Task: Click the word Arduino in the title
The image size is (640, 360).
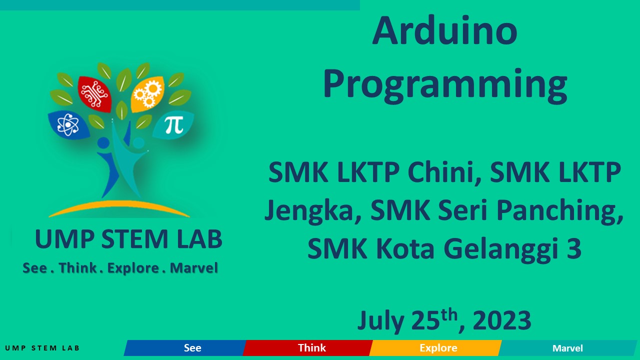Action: point(444,31)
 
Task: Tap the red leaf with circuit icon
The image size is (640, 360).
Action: point(94,93)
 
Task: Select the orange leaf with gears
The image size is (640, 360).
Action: point(147,93)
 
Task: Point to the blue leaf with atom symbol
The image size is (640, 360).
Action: point(68,124)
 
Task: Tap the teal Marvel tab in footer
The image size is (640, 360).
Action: point(567,348)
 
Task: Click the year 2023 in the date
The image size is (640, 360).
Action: point(501,321)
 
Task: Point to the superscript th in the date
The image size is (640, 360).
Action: point(449,314)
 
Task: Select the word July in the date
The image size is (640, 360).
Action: point(380,321)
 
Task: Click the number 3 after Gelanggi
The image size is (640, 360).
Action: point(574,248)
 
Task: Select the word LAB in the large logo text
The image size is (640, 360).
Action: point(199,240)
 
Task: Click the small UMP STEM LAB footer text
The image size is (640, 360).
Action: point(42,348)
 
